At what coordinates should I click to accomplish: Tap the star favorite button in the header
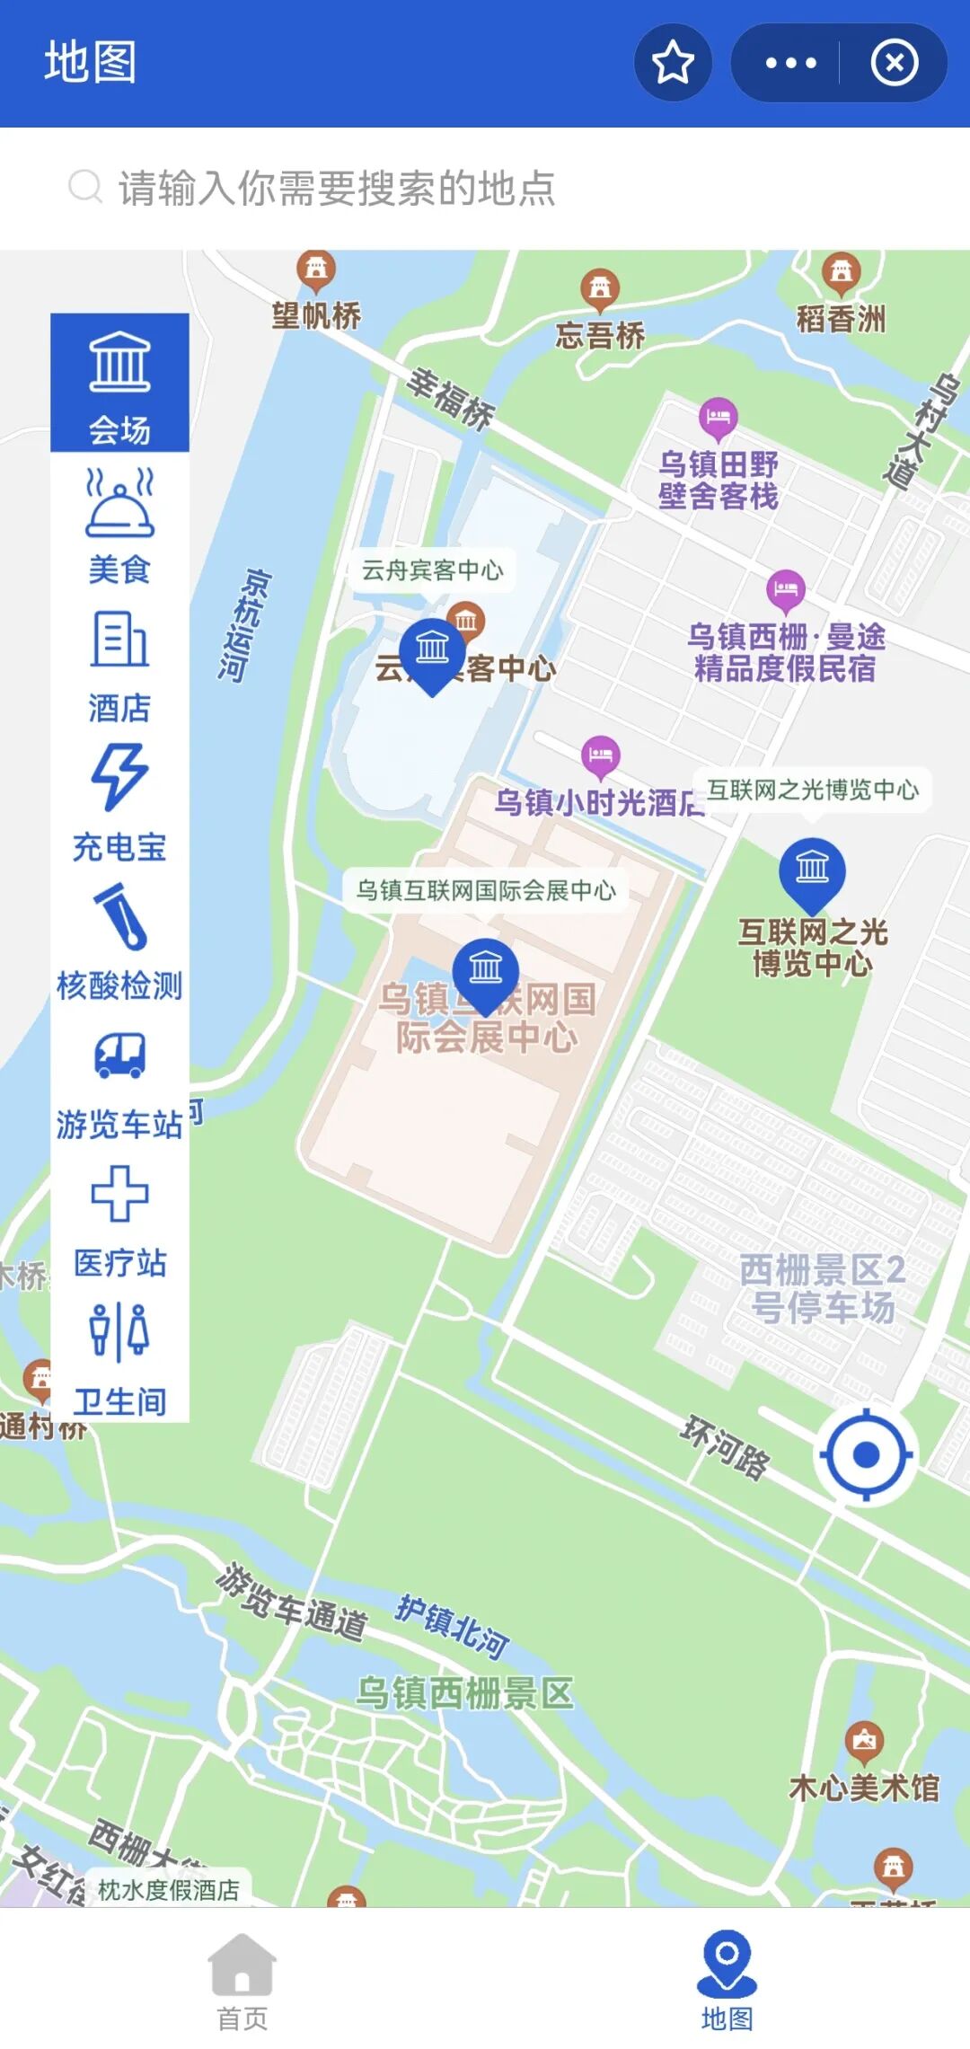pyautogui.click(x=673, y=63)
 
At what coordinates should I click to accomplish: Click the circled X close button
pyautogui.click(x=894, y=63)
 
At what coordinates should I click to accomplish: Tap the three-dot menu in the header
pyautogui.click(x=790, y=63)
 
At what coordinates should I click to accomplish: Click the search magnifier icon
pyautogui.click(x=85, y=187)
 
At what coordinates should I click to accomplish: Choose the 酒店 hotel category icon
pyautogui.click(x=119, y=640)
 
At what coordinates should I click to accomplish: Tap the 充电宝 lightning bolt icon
pyautogui.click(x=119, y=777)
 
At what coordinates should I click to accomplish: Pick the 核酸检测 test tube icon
pyautogui.click(x=119, y=916)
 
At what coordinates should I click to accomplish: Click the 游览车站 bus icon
pyautogui.click(x=119, y=1055)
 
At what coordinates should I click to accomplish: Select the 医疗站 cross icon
pyautogui.click(x=119, y=1194)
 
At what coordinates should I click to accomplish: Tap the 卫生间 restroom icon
pyautogui.click(x=119, y=1332)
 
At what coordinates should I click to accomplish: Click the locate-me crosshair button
pyautogui.click(x=866, y=1454)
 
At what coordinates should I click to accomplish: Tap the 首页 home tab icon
pyautogui.click(x=242, y=1965)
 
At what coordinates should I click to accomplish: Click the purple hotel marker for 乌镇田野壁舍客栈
pyautogui.click(x=718, y=418)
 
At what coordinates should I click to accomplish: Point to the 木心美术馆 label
pyautogui.click(x=864, y=1788)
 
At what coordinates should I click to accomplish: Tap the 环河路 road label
pyautogui.click(x=726, y=1447)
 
